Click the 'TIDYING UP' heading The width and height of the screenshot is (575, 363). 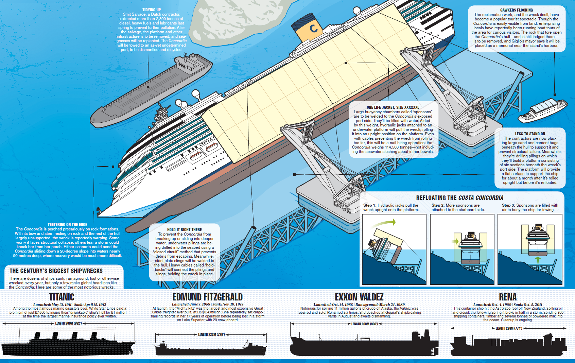tap(152, 10)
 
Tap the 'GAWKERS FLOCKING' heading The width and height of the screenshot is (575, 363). tap(516, 10)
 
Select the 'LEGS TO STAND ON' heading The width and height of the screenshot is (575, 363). tap(530, 134)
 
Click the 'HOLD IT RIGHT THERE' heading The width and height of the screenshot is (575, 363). tap(184, 230)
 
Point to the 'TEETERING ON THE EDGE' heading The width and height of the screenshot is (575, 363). tap(67, 225)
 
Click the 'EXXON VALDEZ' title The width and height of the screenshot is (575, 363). tap(359, 297)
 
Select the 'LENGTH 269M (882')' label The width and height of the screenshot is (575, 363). tap(68, 323)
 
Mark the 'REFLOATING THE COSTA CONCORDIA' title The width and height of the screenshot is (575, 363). tap(459, 198)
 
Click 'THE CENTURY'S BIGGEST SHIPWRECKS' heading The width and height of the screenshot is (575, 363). tap(56, 271)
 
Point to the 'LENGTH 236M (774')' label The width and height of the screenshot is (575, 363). tap(508, 328)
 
